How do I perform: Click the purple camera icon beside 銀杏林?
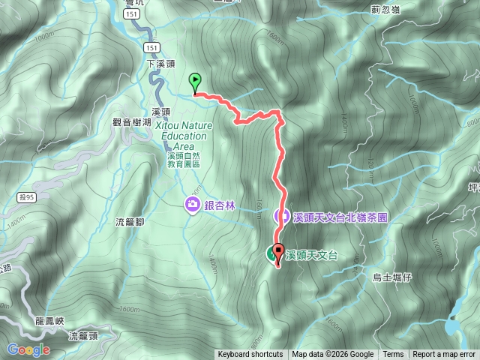pos(193,204)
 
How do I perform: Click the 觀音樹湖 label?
pos(131,121)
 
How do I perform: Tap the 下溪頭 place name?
pos(160,64)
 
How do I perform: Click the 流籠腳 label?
pos(130,222)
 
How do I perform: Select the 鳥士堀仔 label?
pos(393,277)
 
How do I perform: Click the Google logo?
pos(28,349)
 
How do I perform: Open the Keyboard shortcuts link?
pos(250,355)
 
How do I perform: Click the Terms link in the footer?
pos(393,355)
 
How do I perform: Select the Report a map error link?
pos(444,355)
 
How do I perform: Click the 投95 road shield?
pos(24,196)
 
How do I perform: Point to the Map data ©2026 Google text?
pos(333,355)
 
